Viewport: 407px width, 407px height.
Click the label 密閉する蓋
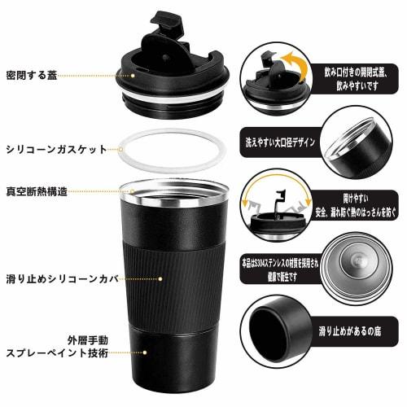pyautogui.click(x=29, y=72)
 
